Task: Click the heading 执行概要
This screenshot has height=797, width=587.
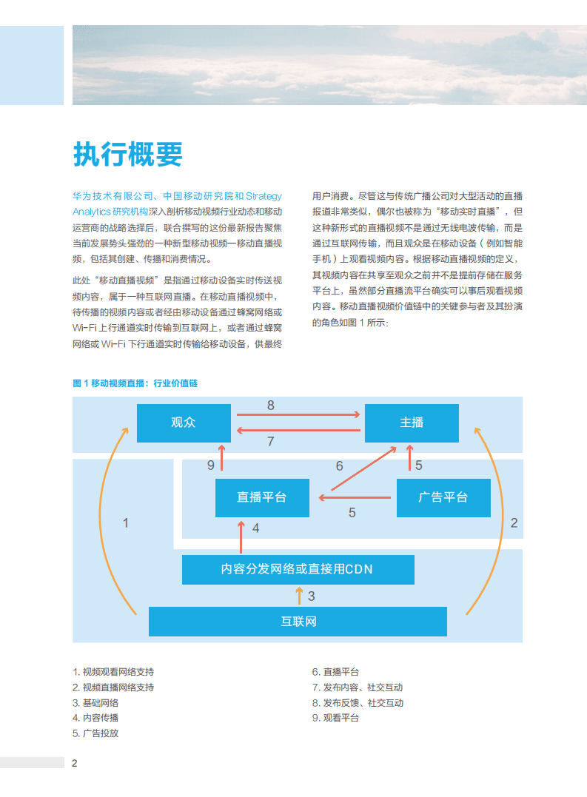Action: (x=127, y=155)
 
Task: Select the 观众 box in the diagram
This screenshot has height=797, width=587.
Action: (x=184, y=423)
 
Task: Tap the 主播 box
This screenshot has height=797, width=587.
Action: (x=412, y=423)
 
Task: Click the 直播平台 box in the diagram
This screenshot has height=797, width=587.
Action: (x=262, y=497)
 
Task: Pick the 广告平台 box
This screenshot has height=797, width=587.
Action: (x=443, y=497)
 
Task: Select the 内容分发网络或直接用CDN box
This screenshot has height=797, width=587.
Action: (x=298, y=569)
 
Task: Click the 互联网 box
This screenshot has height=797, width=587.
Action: (x=298, y=621)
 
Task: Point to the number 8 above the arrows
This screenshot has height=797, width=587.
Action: (x=271, y=405)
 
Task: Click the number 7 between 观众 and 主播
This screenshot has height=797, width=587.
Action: (x=271, y=442)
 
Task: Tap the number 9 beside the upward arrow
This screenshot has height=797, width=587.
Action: (x=211, y=465)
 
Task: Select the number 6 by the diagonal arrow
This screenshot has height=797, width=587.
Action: (x=340, y=466)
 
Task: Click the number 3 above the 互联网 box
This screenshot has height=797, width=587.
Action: (x=311, y=595)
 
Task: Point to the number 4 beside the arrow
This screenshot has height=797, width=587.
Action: (x=255, y=528)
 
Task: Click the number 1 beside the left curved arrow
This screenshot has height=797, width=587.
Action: (x=126, y=522)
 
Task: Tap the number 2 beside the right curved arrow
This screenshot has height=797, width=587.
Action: (x=514, y=522)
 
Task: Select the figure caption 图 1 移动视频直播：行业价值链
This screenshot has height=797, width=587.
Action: (x=135, y=383)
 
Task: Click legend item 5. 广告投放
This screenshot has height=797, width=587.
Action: (x=95, y=733)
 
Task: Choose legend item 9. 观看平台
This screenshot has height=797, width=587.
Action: (x=335, y=718)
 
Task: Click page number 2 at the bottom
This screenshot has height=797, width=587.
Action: (x=75, y=763)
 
